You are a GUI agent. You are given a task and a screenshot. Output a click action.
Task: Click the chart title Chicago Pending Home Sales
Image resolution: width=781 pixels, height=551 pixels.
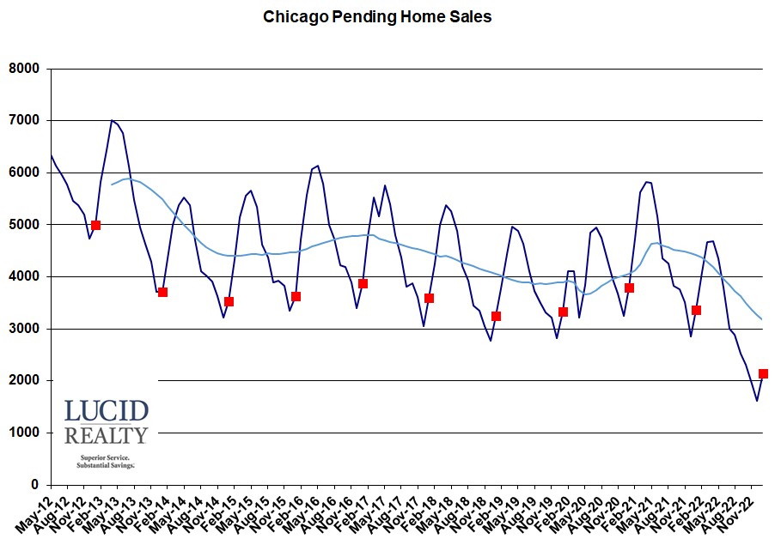tap(377, 16)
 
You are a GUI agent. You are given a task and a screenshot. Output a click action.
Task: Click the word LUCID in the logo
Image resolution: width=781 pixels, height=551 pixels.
tap(107, 411)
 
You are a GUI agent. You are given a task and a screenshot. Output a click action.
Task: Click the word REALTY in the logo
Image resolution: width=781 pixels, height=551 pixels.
tap(107, 435)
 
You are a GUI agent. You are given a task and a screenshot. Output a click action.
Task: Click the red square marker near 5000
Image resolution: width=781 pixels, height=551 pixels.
tap(95, 225)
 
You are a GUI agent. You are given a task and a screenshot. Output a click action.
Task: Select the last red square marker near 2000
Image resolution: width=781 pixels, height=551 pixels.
tap(763, 373)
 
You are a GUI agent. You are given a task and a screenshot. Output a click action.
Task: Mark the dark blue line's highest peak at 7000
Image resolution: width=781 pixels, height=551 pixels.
tap(112, 120)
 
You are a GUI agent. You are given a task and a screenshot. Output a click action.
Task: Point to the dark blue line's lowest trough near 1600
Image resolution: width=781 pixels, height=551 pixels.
tap(757, 401)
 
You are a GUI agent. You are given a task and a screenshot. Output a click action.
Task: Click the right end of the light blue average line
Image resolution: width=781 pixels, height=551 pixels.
tap(763, 319)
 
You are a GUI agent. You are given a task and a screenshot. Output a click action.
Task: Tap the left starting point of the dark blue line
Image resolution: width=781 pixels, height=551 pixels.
tap(51, 154)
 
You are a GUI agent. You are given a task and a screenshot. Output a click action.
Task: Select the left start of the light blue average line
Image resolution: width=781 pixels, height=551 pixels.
tap(112, 185)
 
